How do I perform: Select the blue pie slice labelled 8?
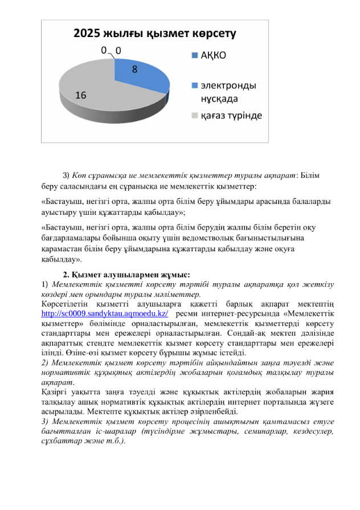pyautogui.click(x=142, y=77)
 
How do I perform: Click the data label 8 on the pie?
pyautogui.click(x=134, y=70)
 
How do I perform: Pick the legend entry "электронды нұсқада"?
pyautogui.click(x=226, y=92)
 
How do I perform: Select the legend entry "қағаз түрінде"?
pyautogui.click(x=230, y=116)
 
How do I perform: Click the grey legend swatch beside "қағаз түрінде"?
pyautogui.click(x=195, y=116)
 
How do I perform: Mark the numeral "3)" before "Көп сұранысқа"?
pyautogui.click(x=66, y=174)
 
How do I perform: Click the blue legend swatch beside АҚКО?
pyautogui.click(x=195, y=56)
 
